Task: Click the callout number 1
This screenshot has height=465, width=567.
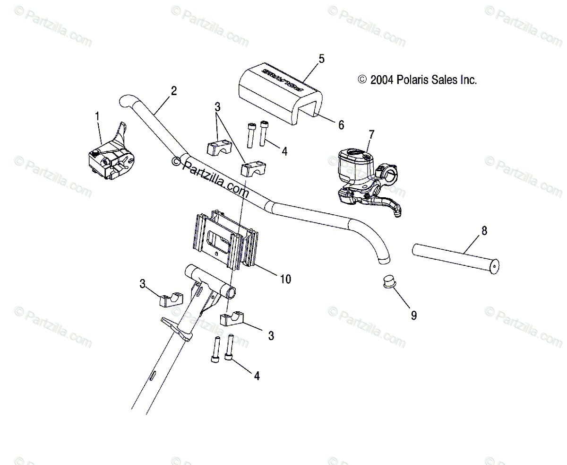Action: [98, 115]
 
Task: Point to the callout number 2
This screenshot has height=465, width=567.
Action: [174, 91]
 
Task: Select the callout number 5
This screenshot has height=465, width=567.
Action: [322, 59]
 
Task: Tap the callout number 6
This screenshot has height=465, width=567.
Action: [341, 125]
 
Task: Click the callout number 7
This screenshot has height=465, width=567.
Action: [371, 135]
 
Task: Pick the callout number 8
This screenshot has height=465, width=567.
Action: [484, 231]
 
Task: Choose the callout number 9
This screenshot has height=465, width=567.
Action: [414, 315]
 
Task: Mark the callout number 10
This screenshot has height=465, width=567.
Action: [285, 279]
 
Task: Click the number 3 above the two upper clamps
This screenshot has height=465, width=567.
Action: [217, 107]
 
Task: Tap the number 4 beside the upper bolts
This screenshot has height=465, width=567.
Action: [284, 151]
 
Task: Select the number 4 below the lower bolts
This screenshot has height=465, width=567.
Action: [257, 376]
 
